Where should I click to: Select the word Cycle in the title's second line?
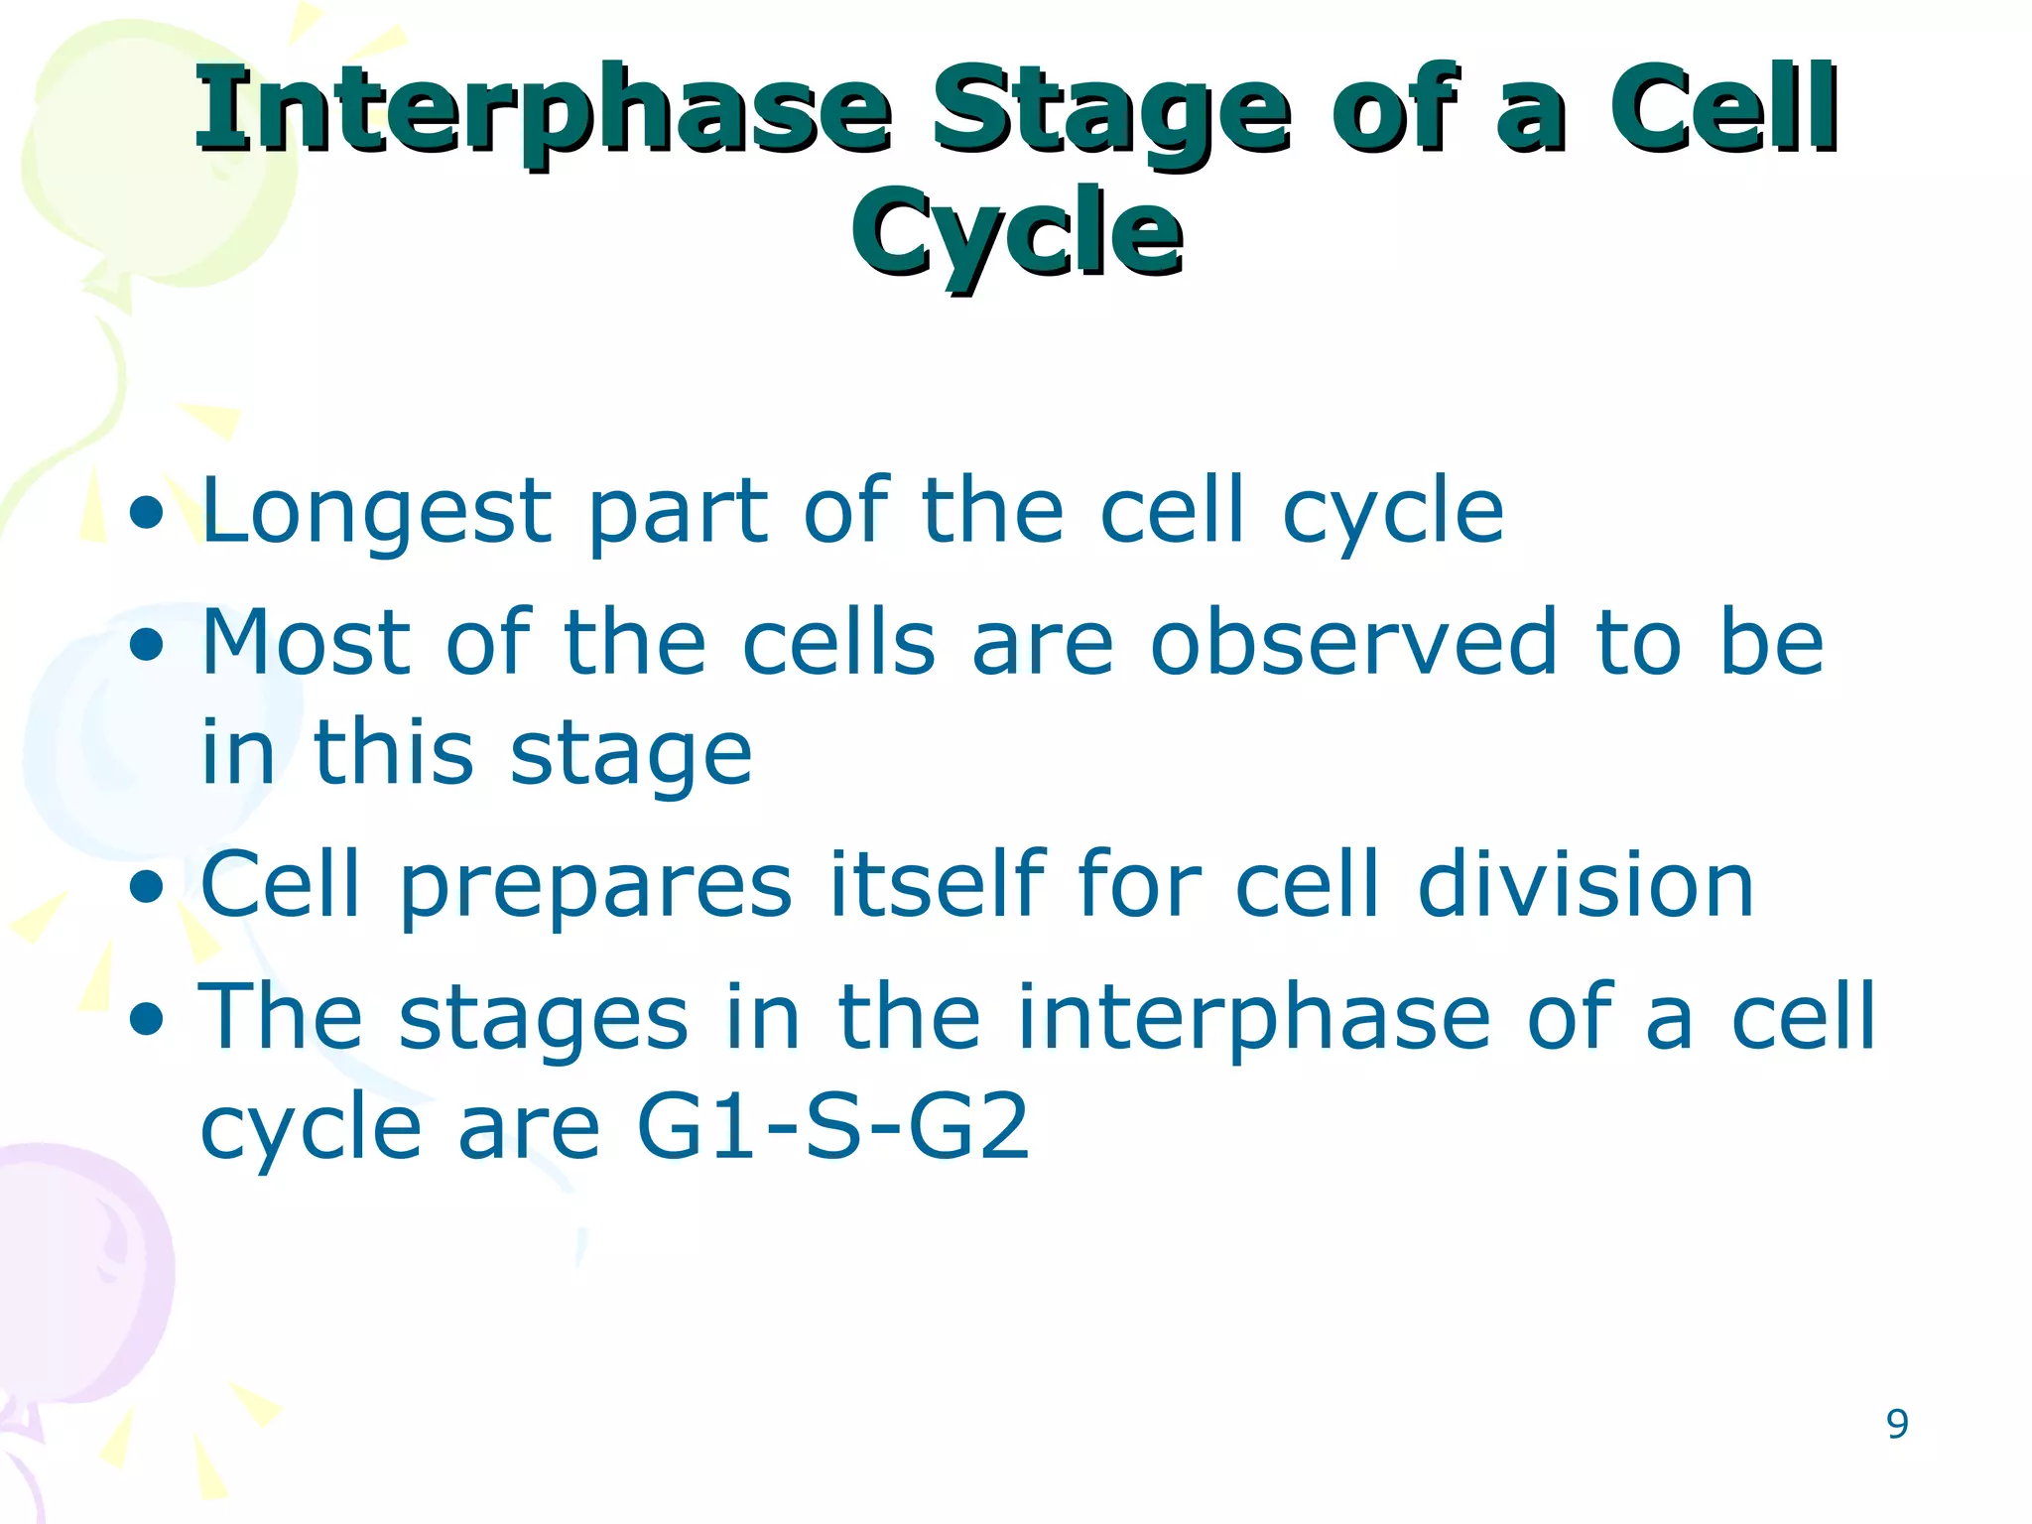[x=1016, y=234]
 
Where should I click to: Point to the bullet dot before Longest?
[x=147, y=514]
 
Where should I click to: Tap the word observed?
[x=1353, y=643]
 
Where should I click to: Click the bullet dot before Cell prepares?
[x=147, y=887]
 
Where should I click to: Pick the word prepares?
[x=595, y=887]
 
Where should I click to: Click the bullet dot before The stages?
[x=147, y=1018]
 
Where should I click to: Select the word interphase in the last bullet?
[x=1254, y=1018]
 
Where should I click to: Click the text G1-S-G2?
[x=833, y=1127]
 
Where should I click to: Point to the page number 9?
[x=1897, y=1424]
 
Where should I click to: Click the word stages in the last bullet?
[x=543, y=1020]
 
